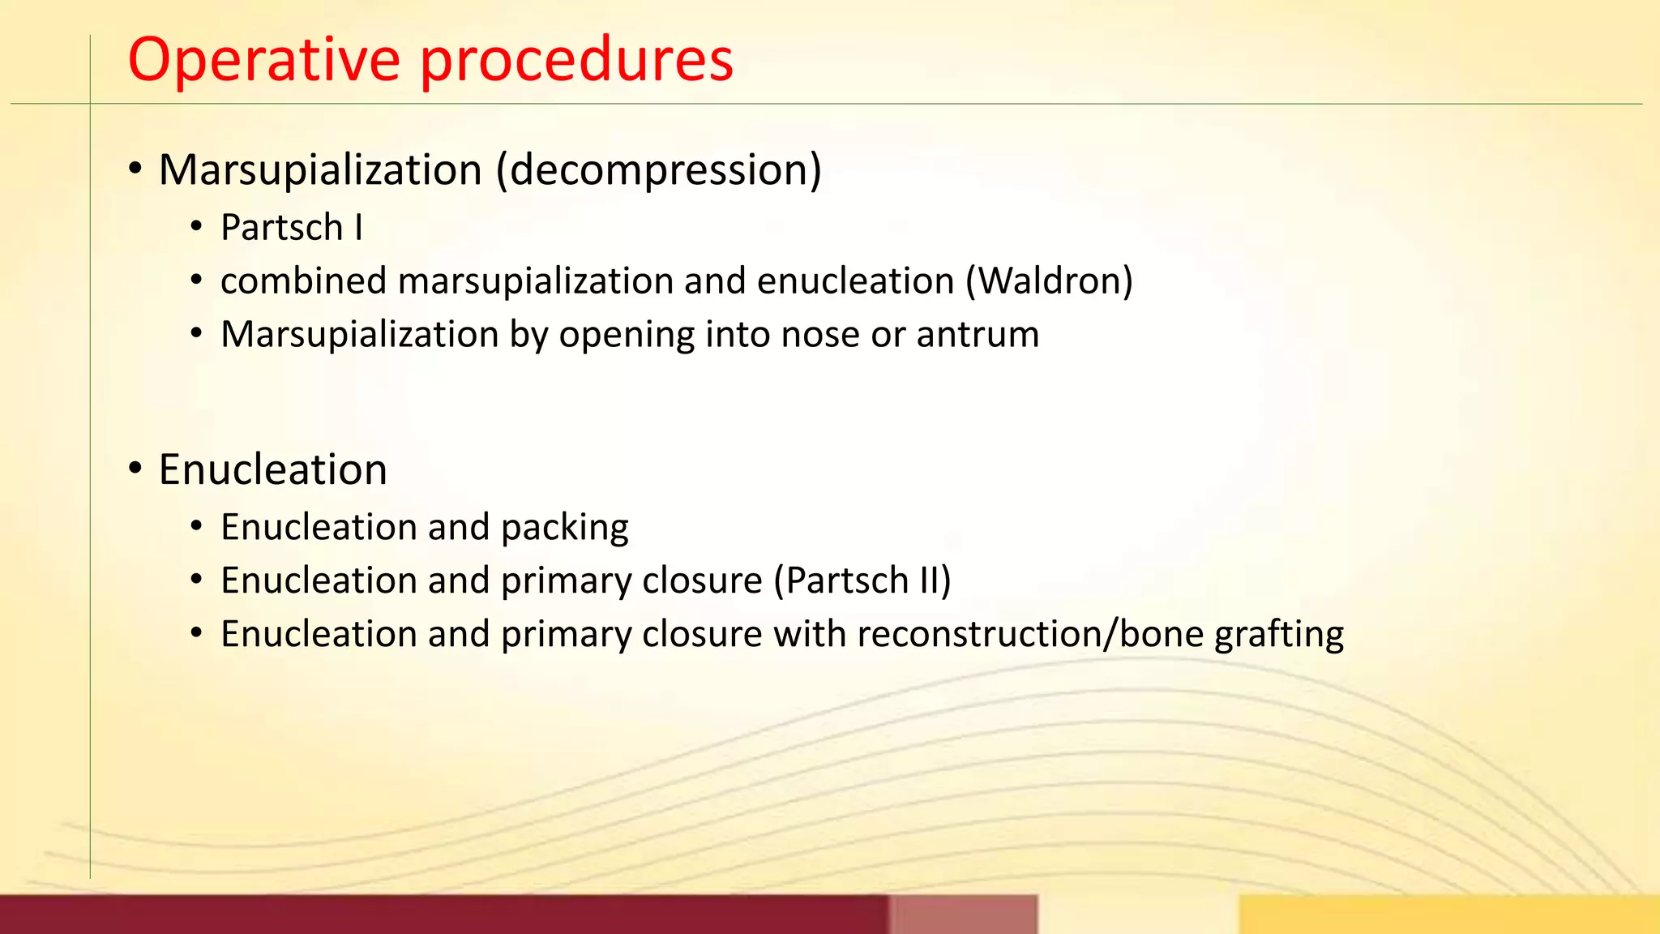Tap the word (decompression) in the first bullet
659,170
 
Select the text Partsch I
291,228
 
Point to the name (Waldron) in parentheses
1049,281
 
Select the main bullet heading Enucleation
272,470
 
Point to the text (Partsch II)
862,581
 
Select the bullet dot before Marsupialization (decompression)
135,170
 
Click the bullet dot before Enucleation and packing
196,527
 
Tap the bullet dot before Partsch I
196,228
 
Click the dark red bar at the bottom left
438,915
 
